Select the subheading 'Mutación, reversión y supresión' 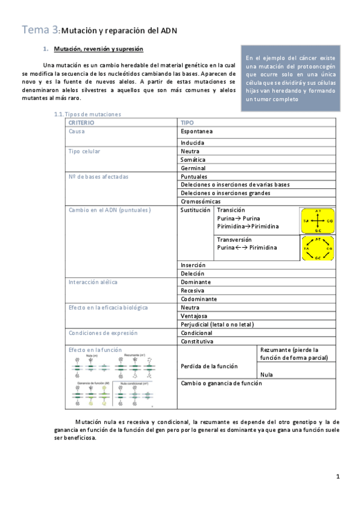pos(98,48)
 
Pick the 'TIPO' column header pos(187,122)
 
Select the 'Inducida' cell pos(192,143)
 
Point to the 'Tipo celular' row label pos(85,151)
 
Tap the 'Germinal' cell pos(193,168)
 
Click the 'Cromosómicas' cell pos(200,201)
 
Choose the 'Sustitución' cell pos(195,210)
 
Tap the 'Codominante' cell pos(199,298)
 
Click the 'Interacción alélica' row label pos(93,281)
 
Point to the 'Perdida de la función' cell pos(209,366)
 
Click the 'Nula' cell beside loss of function pos(266,374)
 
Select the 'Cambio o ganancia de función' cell pos(221,382)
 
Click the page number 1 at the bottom pos(338,477)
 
